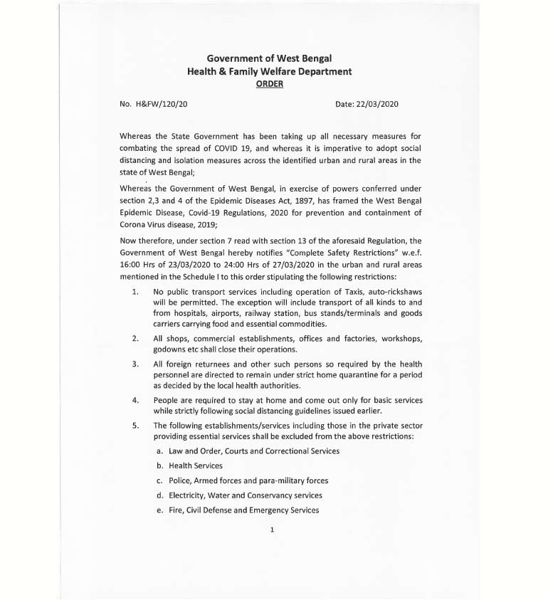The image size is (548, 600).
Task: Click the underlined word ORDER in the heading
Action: pos(269,84)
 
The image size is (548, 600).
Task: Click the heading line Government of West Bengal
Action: pos(269,58)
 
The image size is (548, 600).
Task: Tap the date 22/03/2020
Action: pos(377,104)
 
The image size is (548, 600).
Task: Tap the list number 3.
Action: pos(135,364)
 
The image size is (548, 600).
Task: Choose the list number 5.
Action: pos(135,426)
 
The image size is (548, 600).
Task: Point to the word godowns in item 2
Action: pos(168,349)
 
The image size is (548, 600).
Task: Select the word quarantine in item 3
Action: pos(360,374)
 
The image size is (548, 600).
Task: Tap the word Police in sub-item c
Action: pos(179,480)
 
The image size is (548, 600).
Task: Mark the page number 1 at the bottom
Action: pos(273,530)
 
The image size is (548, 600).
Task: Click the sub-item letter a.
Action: pos(159,451)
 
